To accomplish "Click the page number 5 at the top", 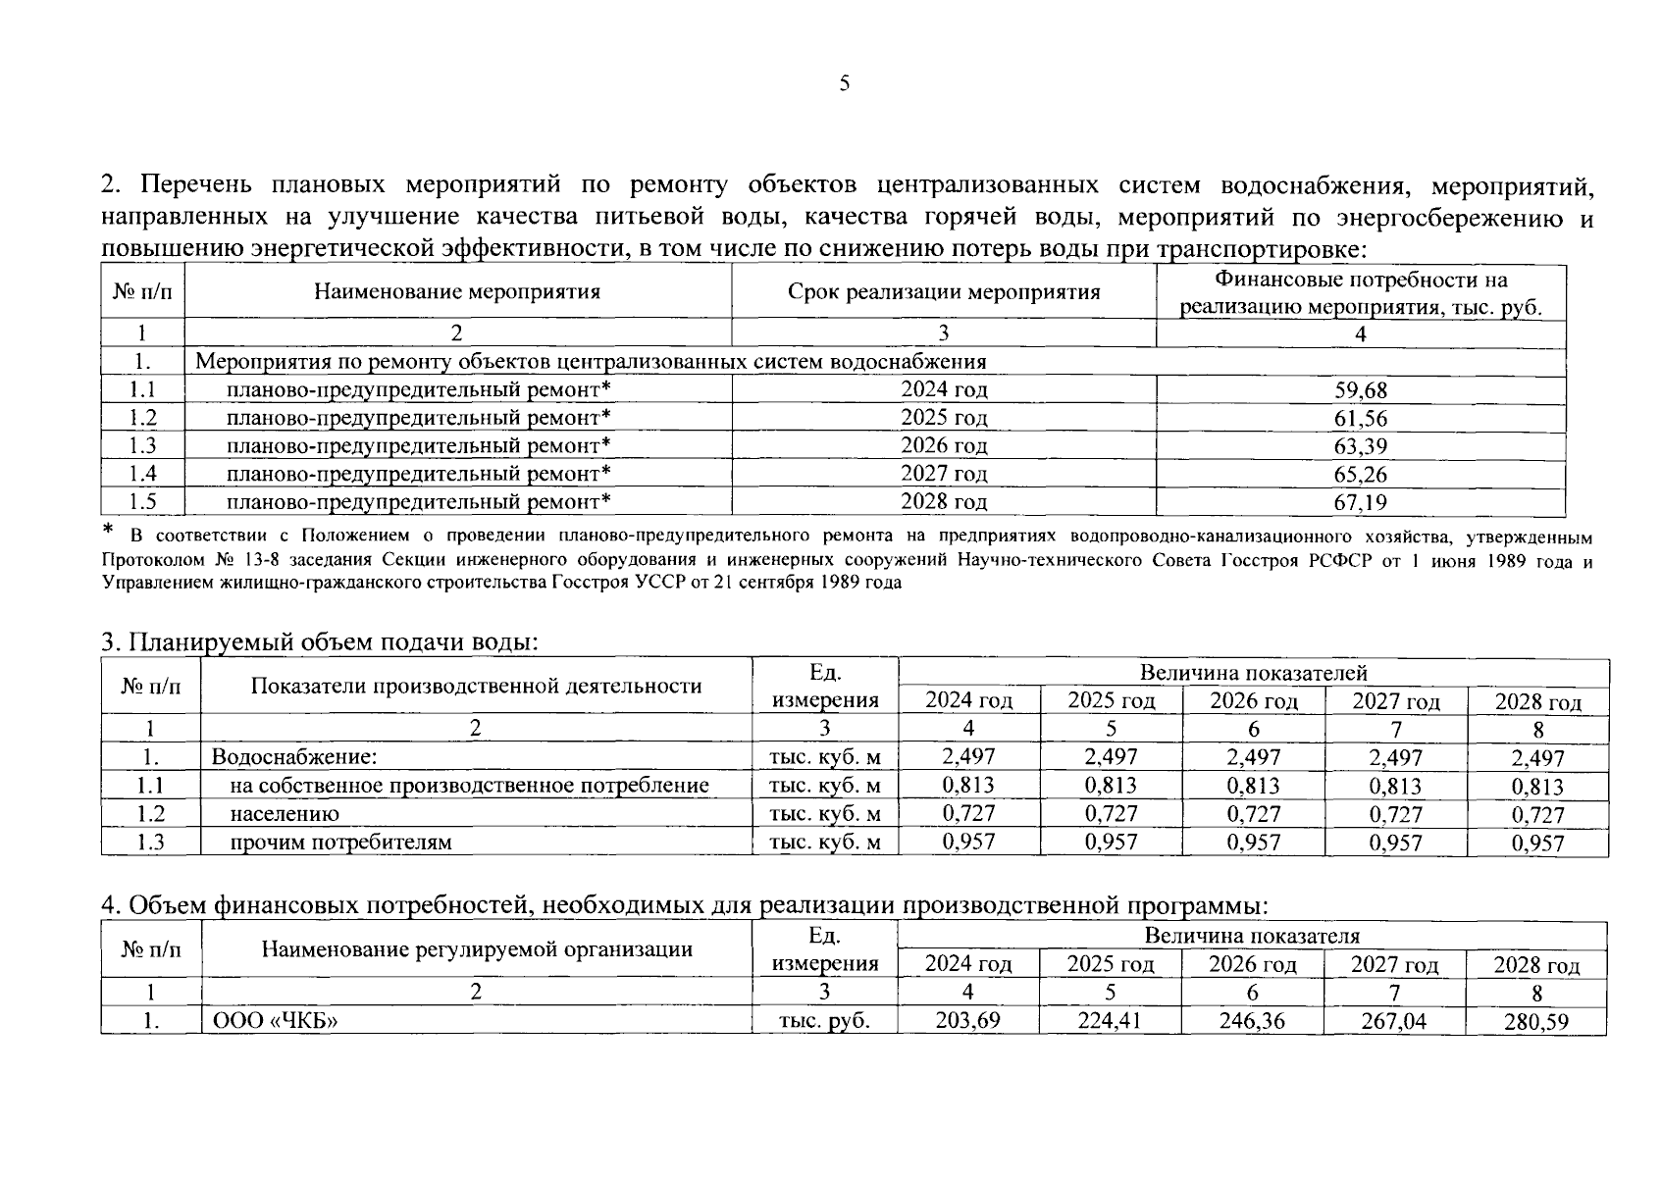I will pos(844,83).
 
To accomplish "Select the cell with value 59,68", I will pos(1360,390).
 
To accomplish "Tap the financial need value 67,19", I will pos(1360,503).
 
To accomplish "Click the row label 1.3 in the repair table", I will pos(142,446).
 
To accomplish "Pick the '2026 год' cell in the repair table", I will pos(944,446).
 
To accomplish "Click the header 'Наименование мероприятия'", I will pos(457,291).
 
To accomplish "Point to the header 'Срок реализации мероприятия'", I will pos(944,291).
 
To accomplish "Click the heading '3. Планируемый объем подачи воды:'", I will pos(320,642).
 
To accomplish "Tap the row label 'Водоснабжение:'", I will pos(294,757).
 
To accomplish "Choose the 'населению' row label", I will pos(285,814).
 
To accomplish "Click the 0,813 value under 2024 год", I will pos(967,786).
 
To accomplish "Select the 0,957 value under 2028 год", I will pos(1537,844).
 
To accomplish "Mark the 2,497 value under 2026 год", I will pos(1253,757).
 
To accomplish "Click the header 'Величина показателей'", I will pos(1253,673).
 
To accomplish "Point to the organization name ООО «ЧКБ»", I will pos(276,1021).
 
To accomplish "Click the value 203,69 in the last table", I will pos(967,1021).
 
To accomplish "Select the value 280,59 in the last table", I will pos(1535,1022).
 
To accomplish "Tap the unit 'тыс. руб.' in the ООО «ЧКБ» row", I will pos(824,1021).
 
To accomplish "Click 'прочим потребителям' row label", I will pos(340,843).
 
